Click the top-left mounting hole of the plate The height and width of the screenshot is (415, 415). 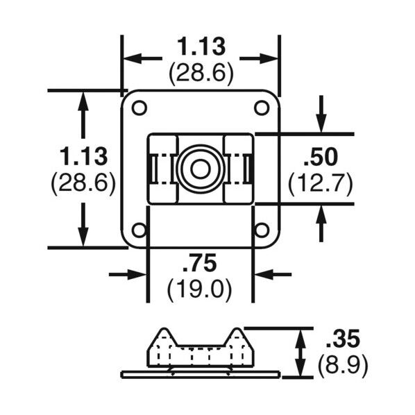pyautogui.click(x=139, y=108)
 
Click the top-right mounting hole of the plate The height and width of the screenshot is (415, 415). pyautogui.click(x=262, y=108)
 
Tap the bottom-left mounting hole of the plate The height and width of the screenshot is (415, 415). pyautogui.click(x=139, y=230)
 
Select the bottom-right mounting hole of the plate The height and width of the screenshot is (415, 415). pyautogui.click(x=262, y=230)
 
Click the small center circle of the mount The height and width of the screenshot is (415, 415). pyautogui.click(x=200, y=169)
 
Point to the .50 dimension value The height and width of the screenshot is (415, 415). pyautogui.click(x=321, y=158)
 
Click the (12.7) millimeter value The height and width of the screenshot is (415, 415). pyautogui.click(x=321, y=184)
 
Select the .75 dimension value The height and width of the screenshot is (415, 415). pyautogui.click(x=200, y=263)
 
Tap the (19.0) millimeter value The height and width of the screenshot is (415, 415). pyautogui.click(x=200, y=289)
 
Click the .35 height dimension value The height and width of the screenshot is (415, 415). pyautogui.click(x=343, y=338)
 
